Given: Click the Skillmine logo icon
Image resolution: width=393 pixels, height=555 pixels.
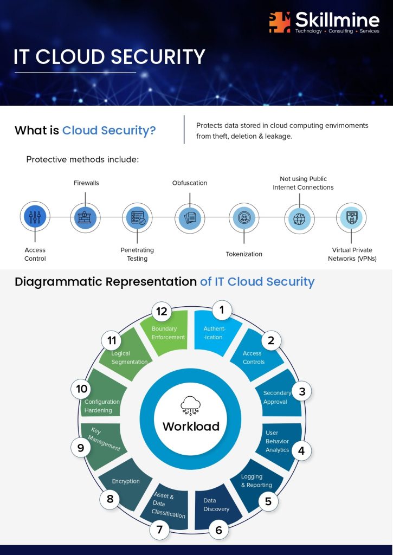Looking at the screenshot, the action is coord(279,22).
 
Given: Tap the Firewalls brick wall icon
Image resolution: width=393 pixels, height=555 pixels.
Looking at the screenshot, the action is coord(85,217).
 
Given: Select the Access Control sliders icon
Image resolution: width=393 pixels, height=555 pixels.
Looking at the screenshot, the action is coord(35,217).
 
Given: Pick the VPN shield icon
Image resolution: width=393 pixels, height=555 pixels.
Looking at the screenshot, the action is coord(351,218).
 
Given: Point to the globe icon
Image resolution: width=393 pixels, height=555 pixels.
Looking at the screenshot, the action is coord(299,218).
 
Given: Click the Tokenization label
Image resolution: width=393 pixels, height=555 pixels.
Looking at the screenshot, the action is coord(244,254).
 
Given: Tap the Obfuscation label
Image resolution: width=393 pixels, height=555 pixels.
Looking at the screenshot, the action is coord(190,183).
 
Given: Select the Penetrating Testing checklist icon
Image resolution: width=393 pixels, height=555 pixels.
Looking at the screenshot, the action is coord(137,218).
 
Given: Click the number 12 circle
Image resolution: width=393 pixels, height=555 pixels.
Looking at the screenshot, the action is coord(162,312).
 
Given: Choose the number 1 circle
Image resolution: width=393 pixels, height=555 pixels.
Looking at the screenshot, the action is coord(222,310).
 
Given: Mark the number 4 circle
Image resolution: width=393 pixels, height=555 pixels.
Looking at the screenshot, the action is coord(301,450).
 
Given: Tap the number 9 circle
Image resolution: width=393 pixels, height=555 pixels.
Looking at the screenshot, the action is coord(81,448).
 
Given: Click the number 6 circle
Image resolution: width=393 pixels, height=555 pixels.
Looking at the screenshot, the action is coord(218,530).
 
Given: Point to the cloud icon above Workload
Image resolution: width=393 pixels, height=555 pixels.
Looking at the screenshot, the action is coord(190,405).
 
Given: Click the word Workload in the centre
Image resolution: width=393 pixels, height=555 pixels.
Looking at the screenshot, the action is coord(191,426).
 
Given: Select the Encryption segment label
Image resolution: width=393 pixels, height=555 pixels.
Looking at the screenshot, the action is coord(126,481).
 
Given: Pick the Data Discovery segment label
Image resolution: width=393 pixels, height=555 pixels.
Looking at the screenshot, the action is coord(216,505).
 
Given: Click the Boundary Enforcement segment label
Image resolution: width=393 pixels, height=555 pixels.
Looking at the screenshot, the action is coord(168,333).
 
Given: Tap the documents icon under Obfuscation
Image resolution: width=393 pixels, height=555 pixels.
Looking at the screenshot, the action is coord(190,217).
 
